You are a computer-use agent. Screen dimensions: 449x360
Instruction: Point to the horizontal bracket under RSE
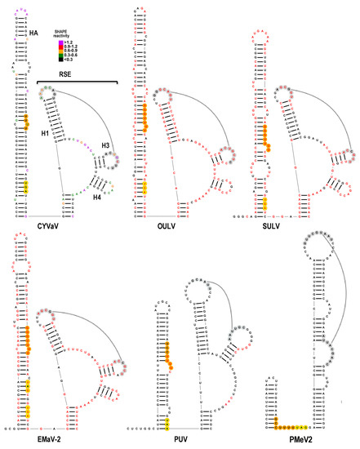pyautogui.click(x=77, y=81)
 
